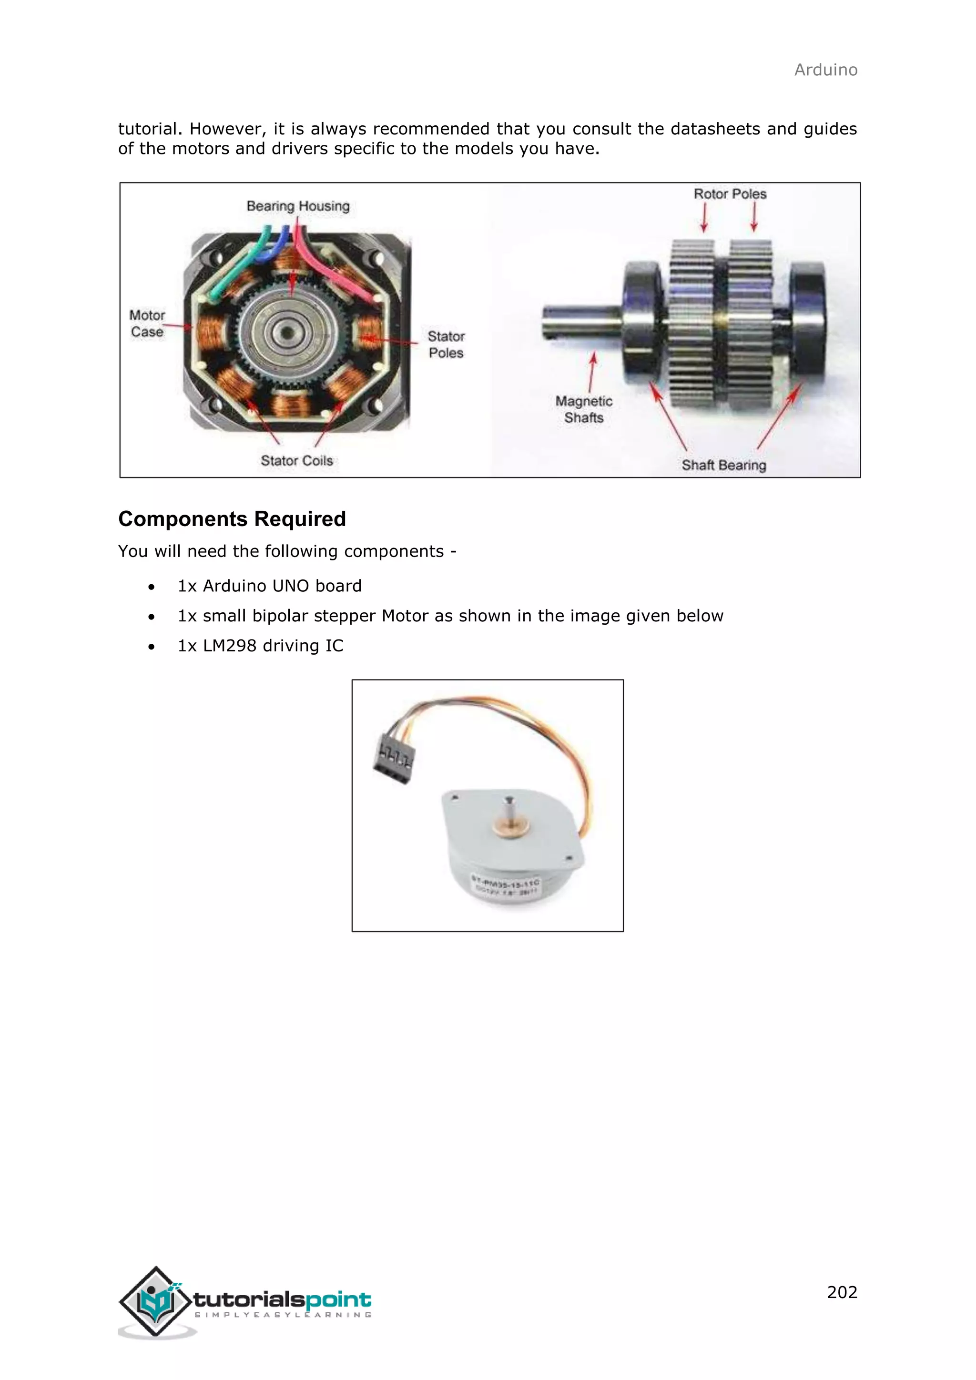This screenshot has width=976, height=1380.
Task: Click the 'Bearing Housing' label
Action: (297, 206)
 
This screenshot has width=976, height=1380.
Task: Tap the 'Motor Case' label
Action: (147, 324)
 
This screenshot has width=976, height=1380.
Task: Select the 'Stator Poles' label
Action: (446, 345)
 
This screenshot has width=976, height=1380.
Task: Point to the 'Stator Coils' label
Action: (296, 460)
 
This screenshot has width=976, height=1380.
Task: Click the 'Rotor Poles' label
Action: (730, 194)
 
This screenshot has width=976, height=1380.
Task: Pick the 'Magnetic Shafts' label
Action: (584, 409)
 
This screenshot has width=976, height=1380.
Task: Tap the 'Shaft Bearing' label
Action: (723, 465)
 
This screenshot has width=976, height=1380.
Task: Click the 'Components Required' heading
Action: (232, 519)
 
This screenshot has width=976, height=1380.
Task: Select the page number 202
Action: (842, 1292)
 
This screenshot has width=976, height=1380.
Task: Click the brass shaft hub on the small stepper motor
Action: (507, 828)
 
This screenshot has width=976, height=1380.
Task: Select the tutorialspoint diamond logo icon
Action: (156, 1302)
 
